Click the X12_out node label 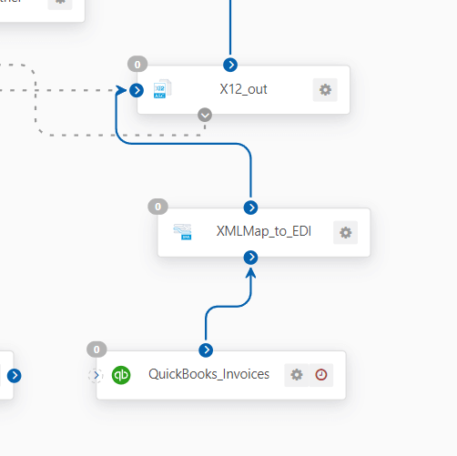243,89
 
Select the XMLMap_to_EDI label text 264,231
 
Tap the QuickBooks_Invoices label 208,374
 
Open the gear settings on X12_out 325,90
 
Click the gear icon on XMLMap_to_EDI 345,233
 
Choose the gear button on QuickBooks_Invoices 297,375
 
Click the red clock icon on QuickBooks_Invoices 321,375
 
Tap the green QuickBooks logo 121,375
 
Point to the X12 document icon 162,89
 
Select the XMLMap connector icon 182,232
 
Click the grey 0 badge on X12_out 137,65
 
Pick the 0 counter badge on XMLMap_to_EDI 157,207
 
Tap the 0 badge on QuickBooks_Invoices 96,350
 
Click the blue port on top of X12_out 230,65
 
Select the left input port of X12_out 137,90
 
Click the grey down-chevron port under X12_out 205,115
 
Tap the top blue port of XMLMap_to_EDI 250,208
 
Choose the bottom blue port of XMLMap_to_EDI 250,258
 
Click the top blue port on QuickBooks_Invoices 206,350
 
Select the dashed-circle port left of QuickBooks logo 96,375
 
